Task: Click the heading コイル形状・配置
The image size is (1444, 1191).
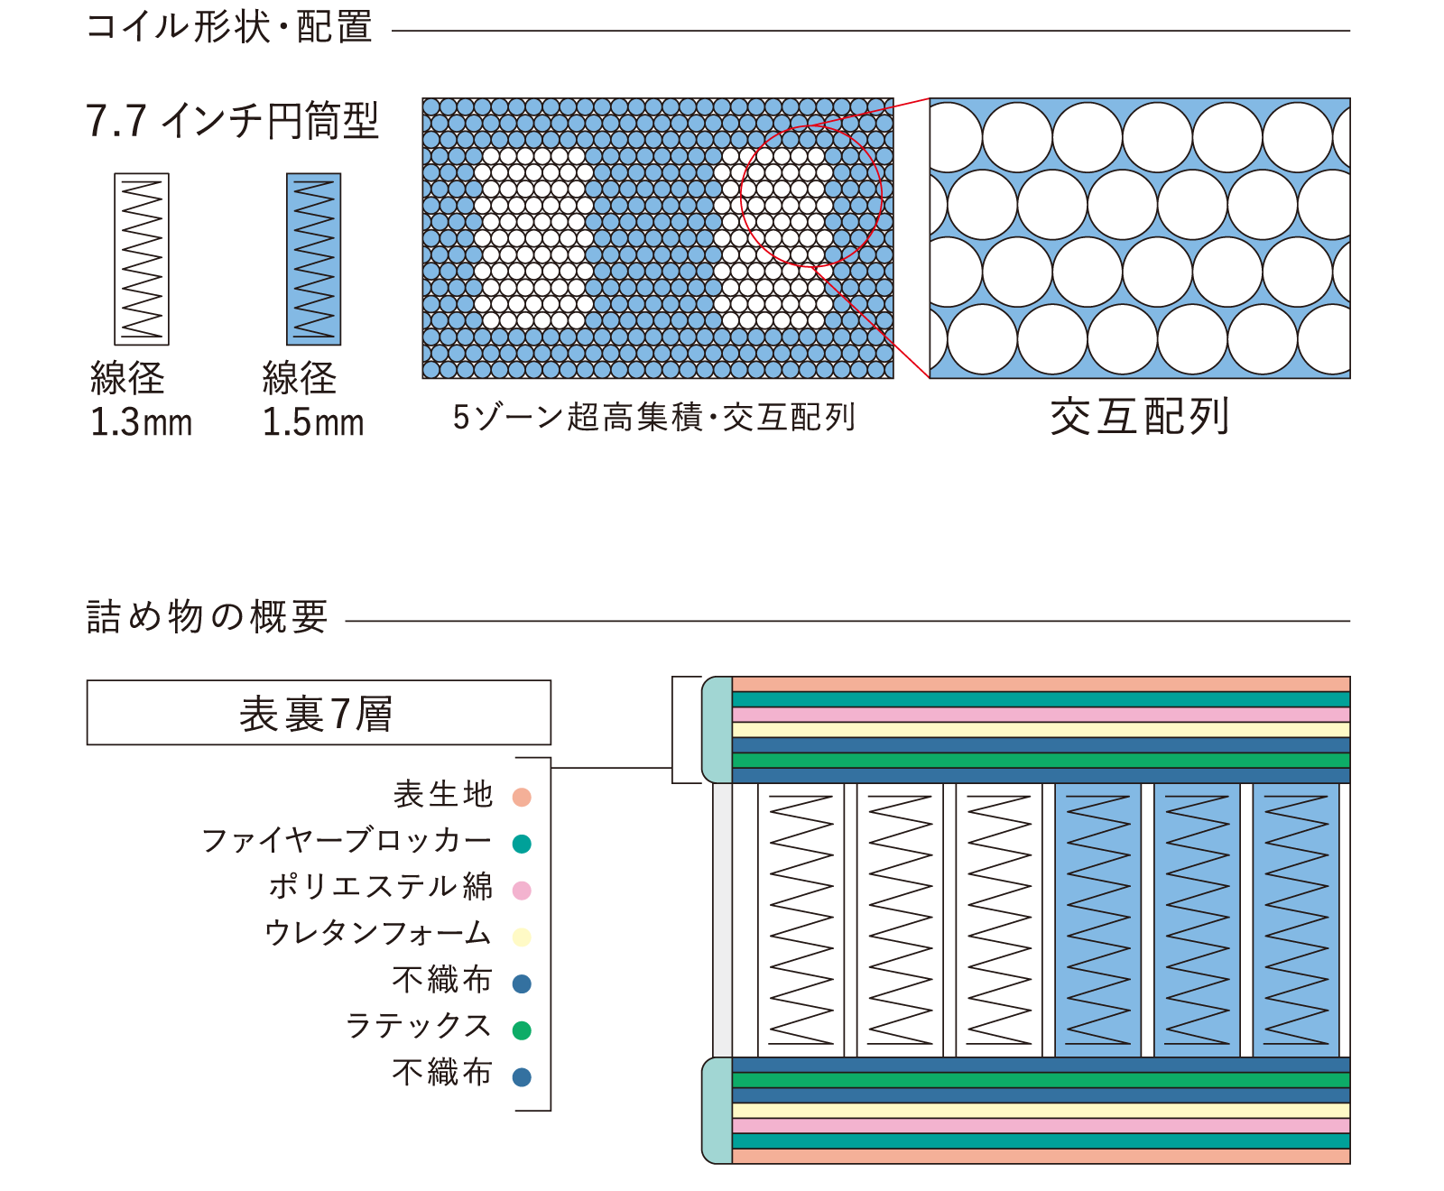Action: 229,27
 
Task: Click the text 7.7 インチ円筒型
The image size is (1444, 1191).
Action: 232,121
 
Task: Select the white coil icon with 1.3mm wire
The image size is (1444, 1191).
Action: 142,259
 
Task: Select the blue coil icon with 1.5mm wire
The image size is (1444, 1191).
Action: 313,259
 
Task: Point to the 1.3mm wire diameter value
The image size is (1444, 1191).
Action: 142,422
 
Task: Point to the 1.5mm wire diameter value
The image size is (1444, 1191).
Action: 313,422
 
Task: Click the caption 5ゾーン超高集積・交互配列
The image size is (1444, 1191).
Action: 654,417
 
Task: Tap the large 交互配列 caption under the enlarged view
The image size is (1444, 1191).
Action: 1140,417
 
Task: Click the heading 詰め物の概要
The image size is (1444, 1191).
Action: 207,617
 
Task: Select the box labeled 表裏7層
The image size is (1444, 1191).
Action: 319,713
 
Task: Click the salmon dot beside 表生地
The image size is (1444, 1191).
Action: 522,797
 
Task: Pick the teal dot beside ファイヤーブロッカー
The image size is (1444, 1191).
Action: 522,844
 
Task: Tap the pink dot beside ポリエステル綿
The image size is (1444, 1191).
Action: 522,891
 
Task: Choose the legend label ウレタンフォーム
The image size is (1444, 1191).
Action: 378,933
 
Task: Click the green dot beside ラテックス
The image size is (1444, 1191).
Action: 522,1030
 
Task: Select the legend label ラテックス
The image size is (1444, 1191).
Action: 419,1026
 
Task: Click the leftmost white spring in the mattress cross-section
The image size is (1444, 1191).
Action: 801,919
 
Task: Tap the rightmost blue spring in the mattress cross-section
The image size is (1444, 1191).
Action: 1296,919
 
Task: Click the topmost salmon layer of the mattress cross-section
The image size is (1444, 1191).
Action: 1041,684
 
